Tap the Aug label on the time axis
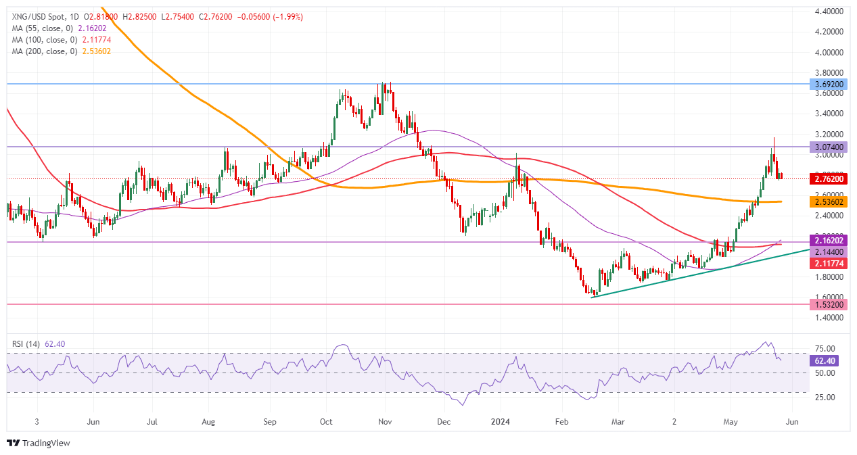(x=208, y=421)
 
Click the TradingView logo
(x=39, y=444)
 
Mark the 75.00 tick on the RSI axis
(x=823, y=348)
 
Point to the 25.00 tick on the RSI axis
(x=823, y=397)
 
